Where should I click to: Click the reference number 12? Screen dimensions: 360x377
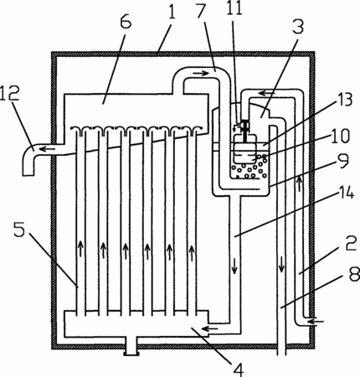tap(10, 94)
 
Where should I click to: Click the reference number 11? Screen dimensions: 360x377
tap(234, 8)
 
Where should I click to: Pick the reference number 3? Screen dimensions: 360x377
tap(298, 25)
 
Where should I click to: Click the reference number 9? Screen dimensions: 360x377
tap(342, 162)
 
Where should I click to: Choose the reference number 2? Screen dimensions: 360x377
tap(351, 243)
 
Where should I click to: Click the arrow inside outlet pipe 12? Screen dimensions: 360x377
tap(47, 149)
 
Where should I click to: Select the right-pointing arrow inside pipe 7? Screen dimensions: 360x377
tap(201, 74)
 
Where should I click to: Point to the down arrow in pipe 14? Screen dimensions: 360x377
tap(234, 266)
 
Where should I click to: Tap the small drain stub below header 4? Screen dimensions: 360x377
tap(131, 345)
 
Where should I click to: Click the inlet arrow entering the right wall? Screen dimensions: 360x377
tap(316, 322)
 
